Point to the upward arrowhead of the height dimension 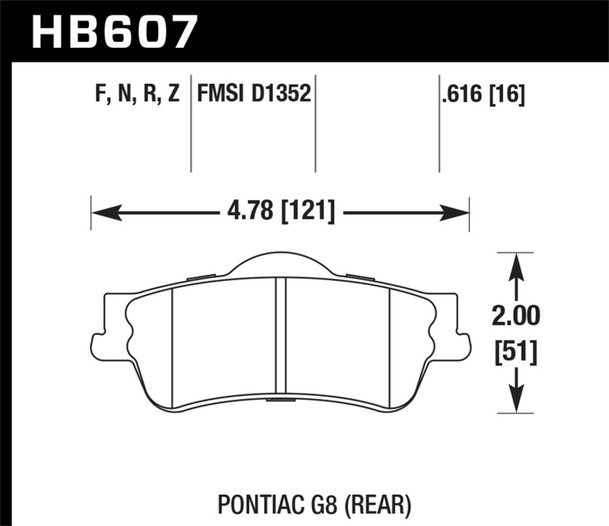tap(517, 263)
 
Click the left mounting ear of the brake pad tap(97, 340)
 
